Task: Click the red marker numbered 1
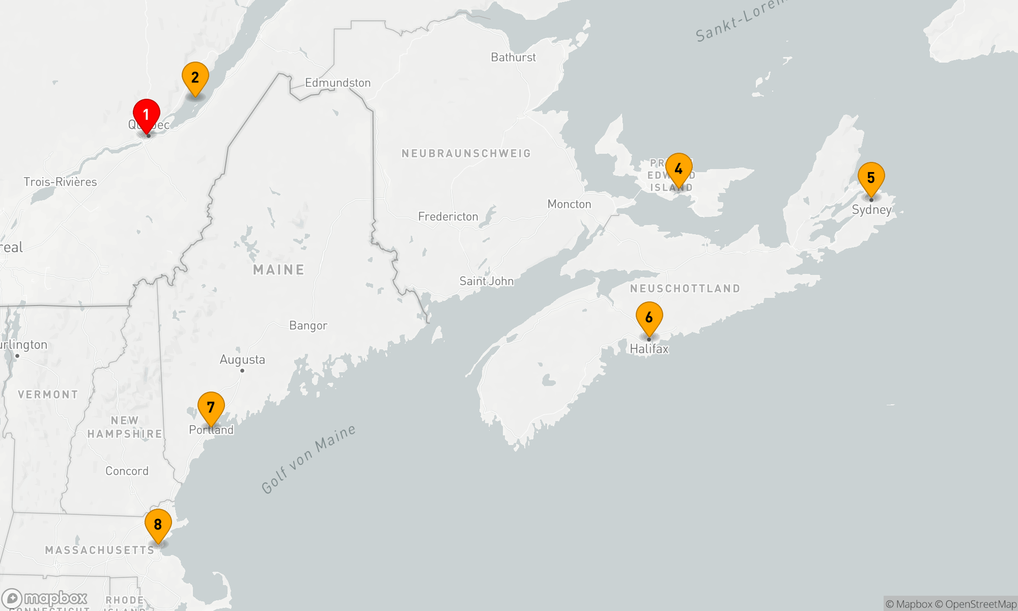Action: (147, 115)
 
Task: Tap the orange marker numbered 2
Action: (195, 78)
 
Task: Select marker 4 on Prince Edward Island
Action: (678, 169)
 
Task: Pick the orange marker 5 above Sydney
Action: (871, 178)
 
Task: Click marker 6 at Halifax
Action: (649, 317)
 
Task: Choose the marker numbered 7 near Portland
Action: (211, 407)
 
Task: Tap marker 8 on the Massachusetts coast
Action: (158, 524)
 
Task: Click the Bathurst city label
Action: (513, 58)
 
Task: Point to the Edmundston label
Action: (337, 83)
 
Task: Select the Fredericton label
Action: (448, 217)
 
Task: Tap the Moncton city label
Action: (569, 204)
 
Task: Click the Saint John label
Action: (486, 281)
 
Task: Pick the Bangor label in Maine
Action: (308, 326)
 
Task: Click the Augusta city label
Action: (242, 360)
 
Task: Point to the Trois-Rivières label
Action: (60, 182)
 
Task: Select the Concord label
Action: (127, 471)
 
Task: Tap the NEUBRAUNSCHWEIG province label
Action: (466, 153)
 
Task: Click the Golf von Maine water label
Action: (308, 459)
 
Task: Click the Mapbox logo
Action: (45, 598)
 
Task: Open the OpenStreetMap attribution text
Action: (980, 604)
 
